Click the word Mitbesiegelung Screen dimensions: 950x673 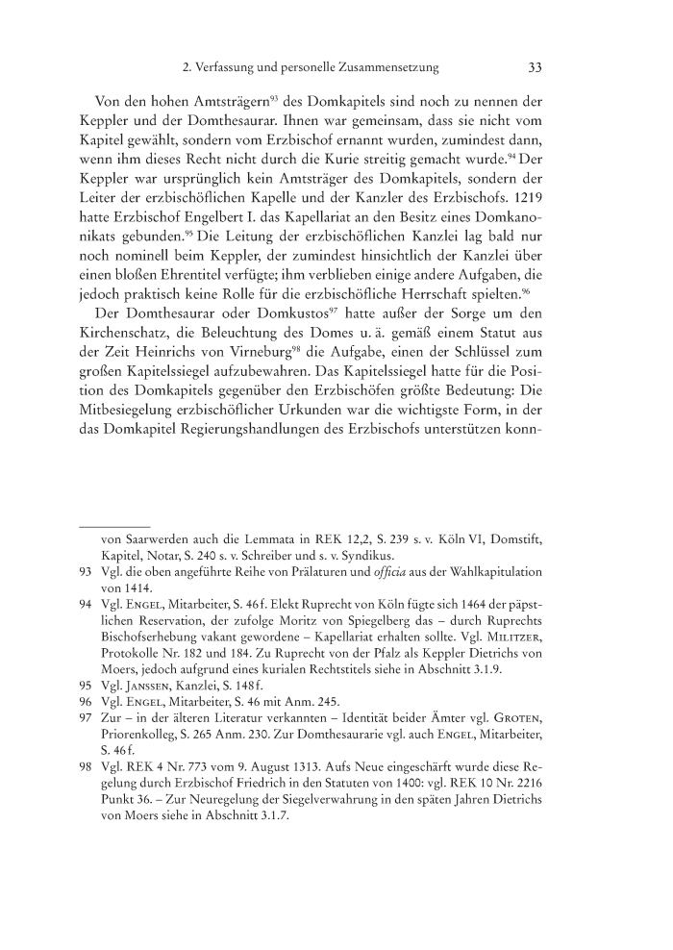click(x=134, y=451)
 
